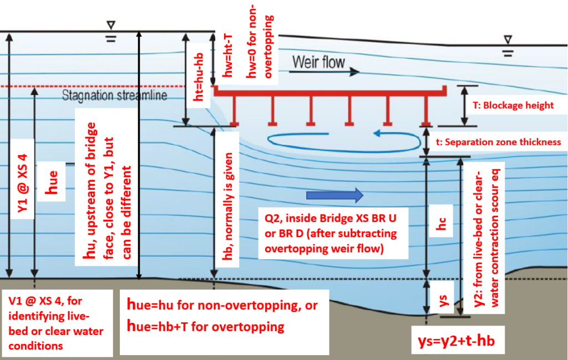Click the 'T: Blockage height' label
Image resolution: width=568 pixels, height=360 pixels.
point(515,105)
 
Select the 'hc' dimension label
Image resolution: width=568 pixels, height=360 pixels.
point(442,229)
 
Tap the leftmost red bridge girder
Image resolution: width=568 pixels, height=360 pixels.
point(234,108)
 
